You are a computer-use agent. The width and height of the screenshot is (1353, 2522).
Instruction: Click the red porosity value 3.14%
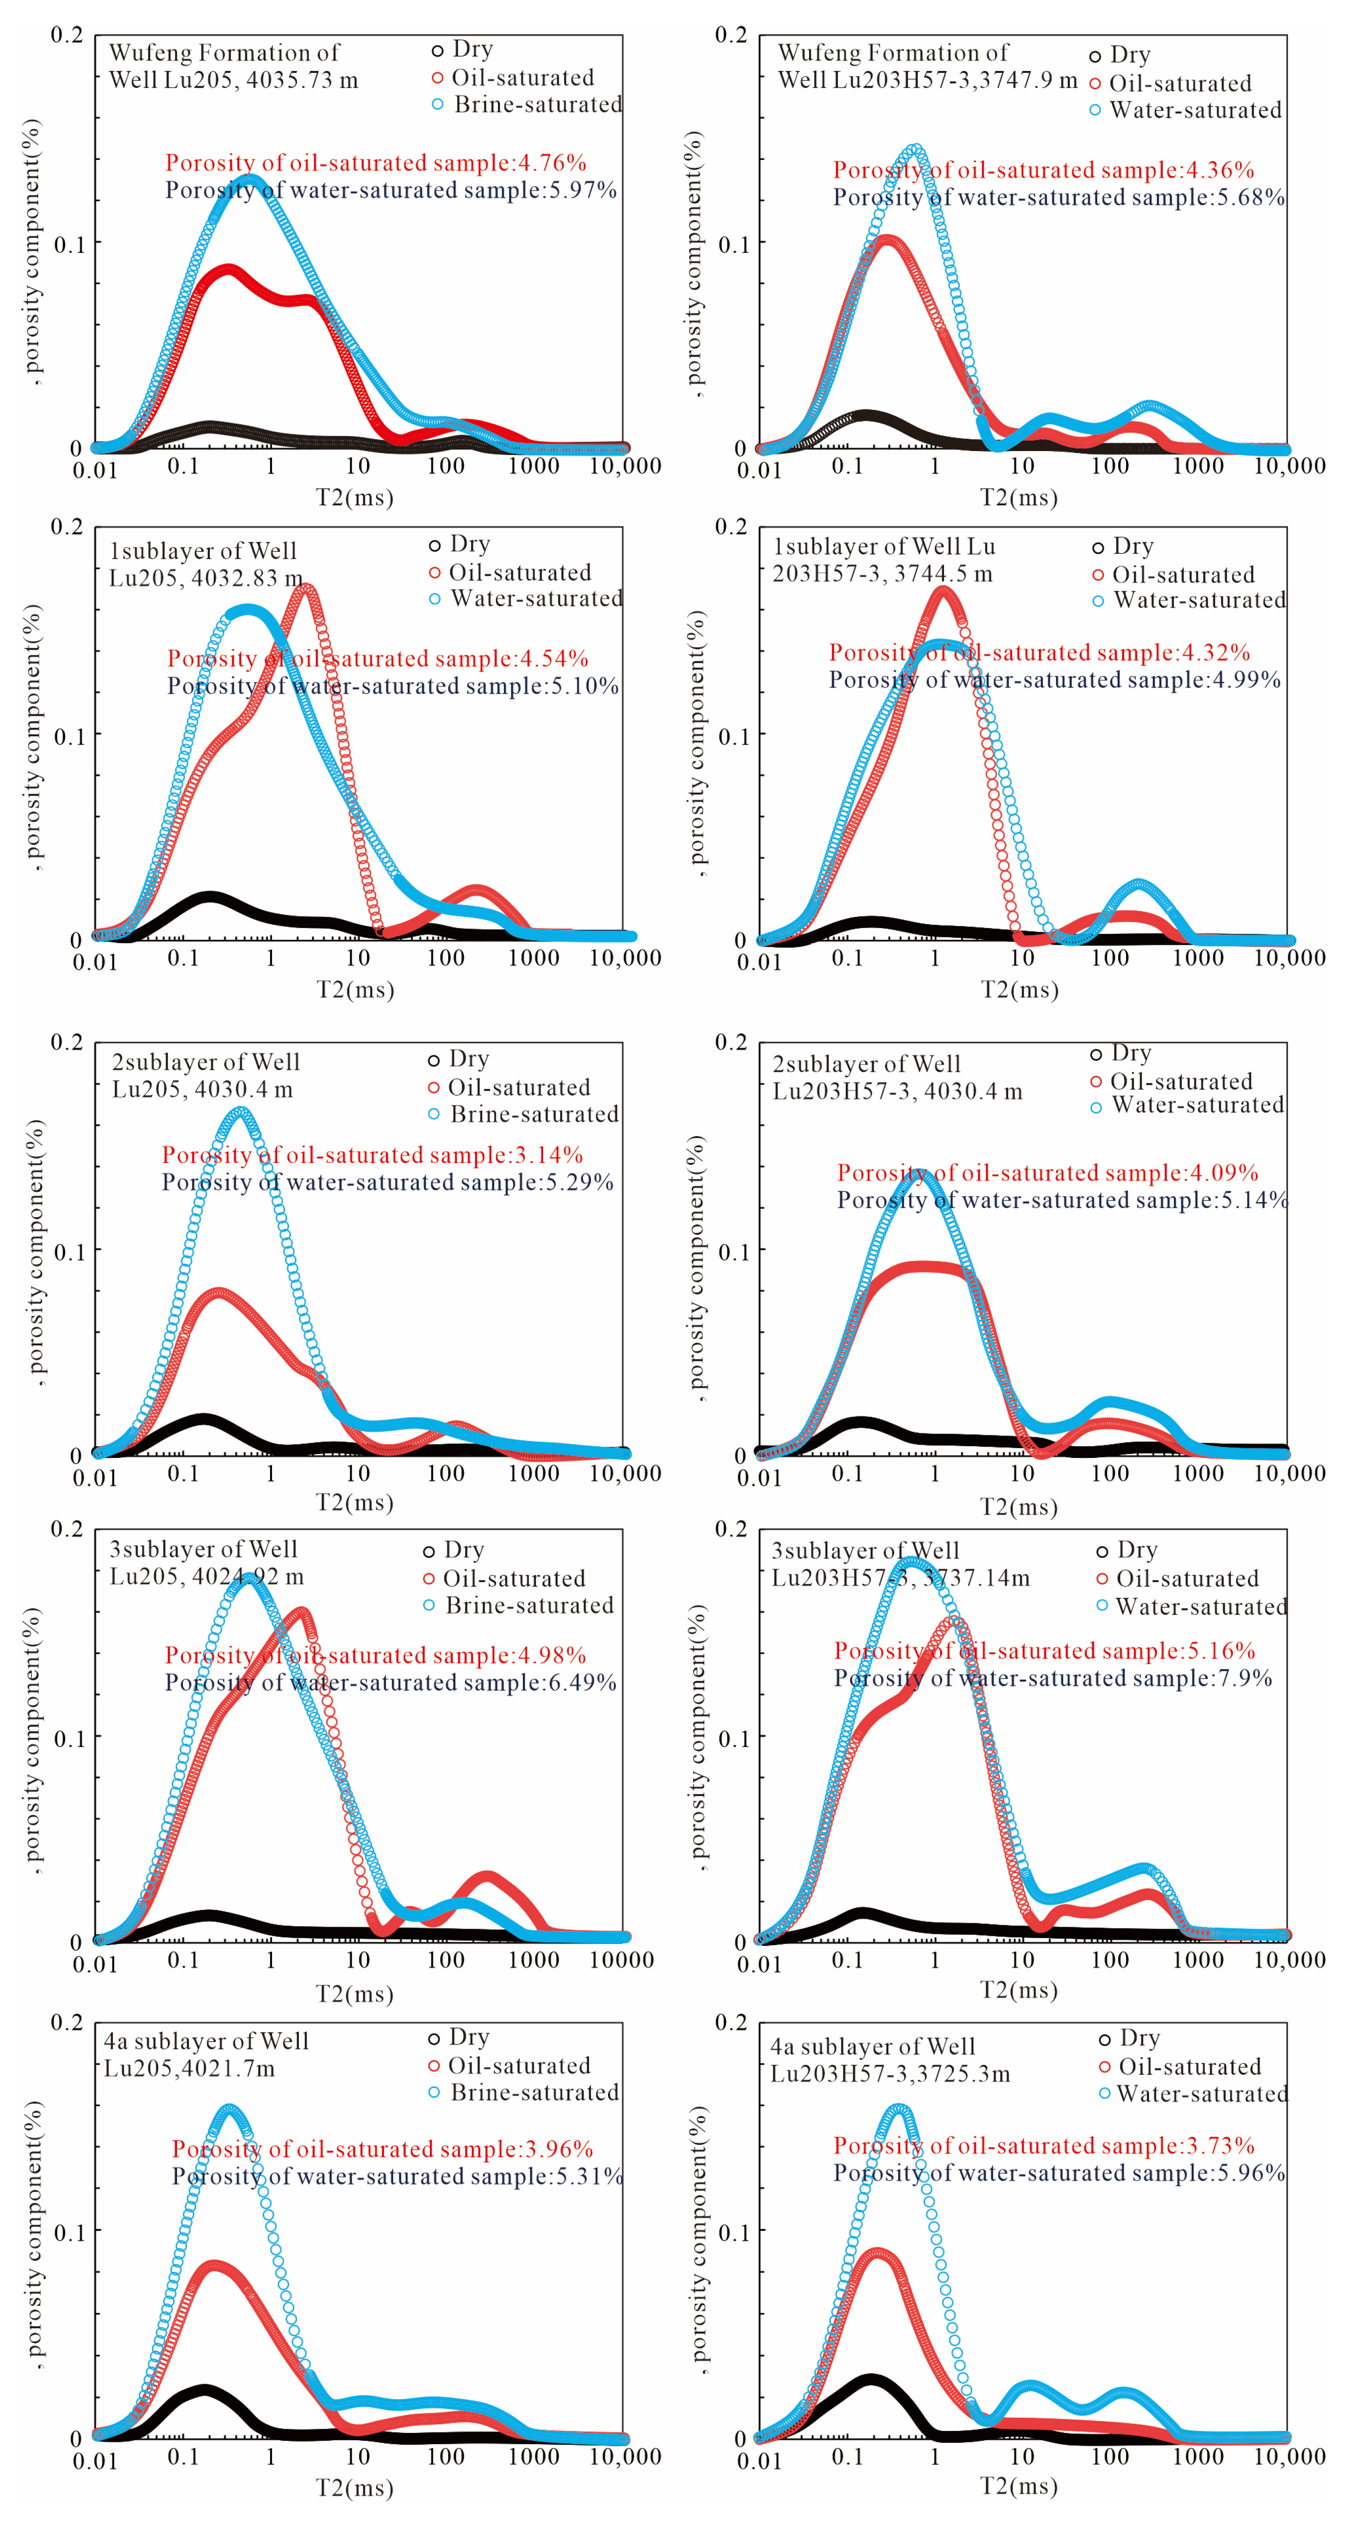pos(551,1155)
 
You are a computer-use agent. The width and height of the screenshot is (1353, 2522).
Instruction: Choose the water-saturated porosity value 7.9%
pos(1246,1678)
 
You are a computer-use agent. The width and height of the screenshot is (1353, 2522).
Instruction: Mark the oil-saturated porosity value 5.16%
pos(1224,1651)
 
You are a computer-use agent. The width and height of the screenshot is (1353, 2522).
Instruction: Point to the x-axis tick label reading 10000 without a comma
pos(622,1960)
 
